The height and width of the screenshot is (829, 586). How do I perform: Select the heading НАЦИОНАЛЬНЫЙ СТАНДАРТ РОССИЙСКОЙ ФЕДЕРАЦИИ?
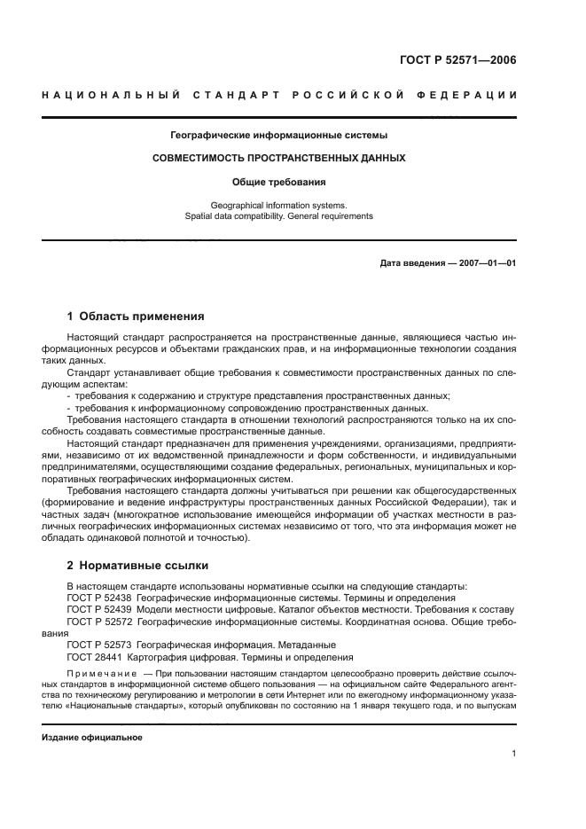279,94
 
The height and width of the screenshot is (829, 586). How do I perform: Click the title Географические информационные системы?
279,136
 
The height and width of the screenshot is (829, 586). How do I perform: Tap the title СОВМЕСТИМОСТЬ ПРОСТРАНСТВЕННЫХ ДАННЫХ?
279,158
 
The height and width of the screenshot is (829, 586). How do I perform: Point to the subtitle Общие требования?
279,182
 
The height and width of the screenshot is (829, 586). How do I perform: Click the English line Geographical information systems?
279,204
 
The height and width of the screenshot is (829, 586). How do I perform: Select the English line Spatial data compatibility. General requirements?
279,215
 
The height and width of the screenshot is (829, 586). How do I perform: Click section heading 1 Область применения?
137,316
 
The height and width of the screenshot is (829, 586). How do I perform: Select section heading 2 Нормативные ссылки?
139,566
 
